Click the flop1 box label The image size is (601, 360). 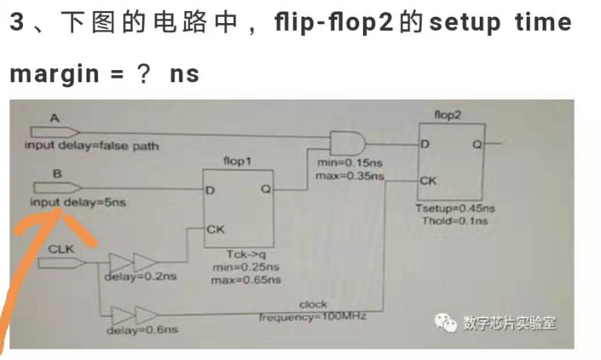coord(236,160)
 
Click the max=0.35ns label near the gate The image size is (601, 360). coord(349,176)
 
